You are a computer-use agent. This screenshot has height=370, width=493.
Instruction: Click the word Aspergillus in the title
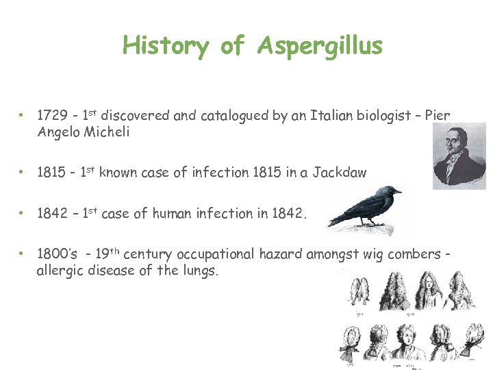tap(320, 46)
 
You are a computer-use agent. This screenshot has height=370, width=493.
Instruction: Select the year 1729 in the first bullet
tap(51, 116)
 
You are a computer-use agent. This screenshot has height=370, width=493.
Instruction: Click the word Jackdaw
tap(340, 173)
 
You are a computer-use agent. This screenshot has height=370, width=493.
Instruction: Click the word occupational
tap(216, 254)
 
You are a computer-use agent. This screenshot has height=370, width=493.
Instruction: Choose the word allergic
tap(58, 271)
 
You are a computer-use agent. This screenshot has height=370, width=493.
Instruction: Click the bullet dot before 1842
tap(22, 213)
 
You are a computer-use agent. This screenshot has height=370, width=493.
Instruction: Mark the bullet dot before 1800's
tap(22, 254)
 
